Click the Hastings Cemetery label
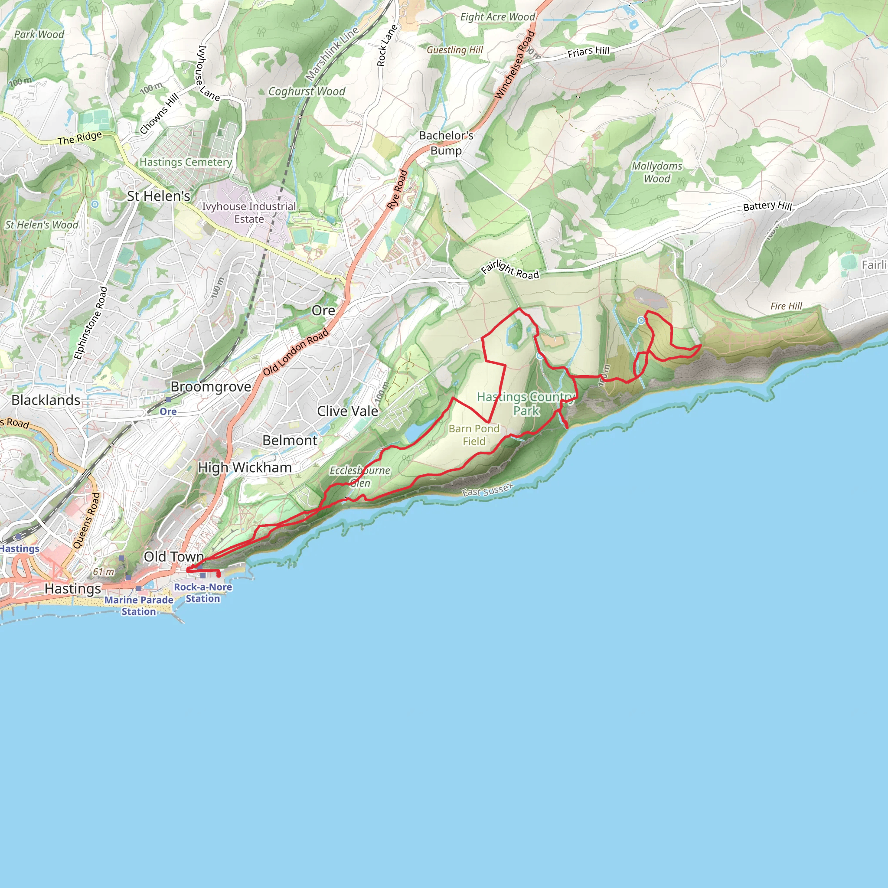tap(186, 162)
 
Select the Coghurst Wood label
tap(307, 91)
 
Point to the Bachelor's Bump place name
tap(446, 143)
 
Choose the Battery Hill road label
tap(767, 206)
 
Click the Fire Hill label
tap(786, 306)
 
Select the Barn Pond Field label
tap(474, 435)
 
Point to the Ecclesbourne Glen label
tap(360, 477)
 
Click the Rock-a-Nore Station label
tap(202, 593)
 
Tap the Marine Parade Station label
tap(139, 606)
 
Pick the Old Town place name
tap(173, 557)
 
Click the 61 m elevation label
tap(104, 572)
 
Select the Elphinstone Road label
tap(91, 323)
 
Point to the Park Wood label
tap(39, 35)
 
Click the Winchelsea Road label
tap(515, 64)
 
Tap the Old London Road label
tap(296, 352)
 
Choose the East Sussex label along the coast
tap(487, 490)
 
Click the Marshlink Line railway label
tap(332, 53)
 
